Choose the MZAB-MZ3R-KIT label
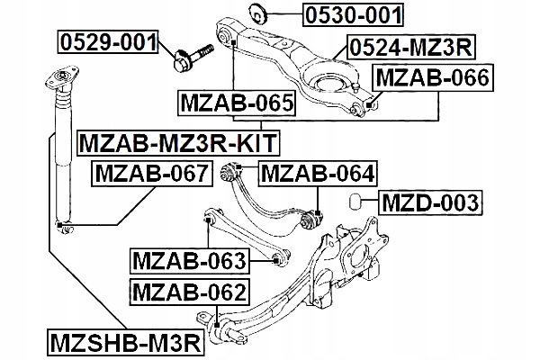click(x=177, y=142)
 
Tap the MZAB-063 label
click(x=189, y=261)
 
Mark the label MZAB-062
click(x=188, y=292)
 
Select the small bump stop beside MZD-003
click(x=355, y=200)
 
